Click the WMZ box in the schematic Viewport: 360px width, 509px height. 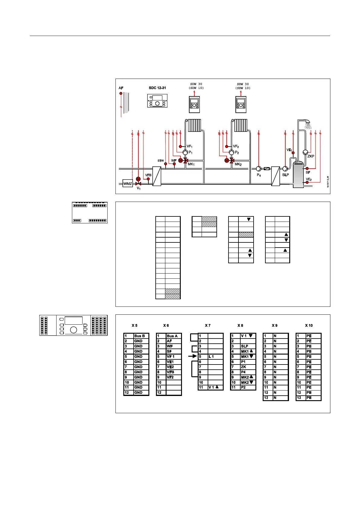pos(128,183)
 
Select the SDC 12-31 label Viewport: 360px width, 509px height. pos(157,88)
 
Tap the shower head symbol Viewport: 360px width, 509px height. pos(308,125)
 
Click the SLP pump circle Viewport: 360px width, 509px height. pos(285,169)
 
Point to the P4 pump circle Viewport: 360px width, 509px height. pos(259,169)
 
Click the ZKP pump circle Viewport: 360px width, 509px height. pos(305,152)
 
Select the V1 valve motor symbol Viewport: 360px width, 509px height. pos(138,179)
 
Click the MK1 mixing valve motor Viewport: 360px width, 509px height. pos(180,160)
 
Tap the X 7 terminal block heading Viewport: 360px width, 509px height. pos(208,326)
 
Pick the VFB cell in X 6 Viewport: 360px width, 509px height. pos(173,372)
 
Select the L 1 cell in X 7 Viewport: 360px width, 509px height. pos(215,357)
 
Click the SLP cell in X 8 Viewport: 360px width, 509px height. pos(248,346)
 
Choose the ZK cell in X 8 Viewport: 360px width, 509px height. pos(248,367)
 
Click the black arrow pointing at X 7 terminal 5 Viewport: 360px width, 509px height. pos(192,356)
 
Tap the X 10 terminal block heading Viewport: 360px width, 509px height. pos(309,326)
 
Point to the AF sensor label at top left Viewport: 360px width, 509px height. pos(121,88)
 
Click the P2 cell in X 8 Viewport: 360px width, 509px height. pos(248,387)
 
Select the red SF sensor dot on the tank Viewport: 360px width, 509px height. pos(307,168)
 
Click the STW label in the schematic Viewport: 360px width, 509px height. pos(161,161)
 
